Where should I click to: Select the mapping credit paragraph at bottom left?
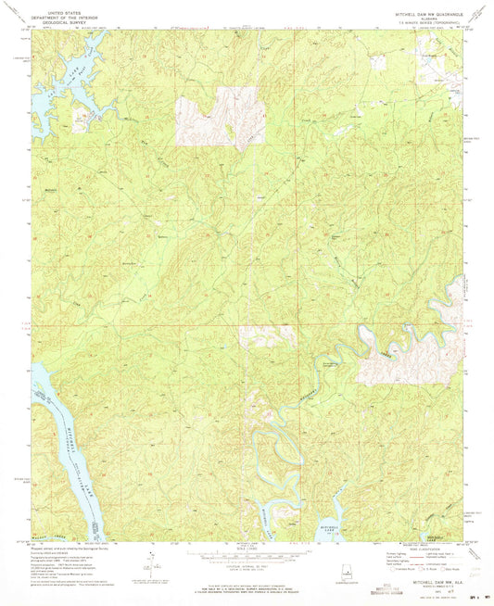pos(70,556)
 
